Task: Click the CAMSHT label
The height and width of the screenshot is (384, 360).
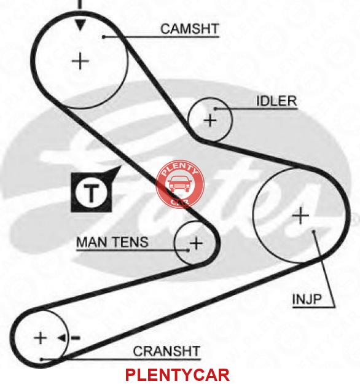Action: coord(190,29)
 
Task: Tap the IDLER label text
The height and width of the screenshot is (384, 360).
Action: coord(276,101)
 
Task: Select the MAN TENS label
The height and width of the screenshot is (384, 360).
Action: coord(112,242)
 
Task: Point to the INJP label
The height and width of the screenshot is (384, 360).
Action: coord(307,299)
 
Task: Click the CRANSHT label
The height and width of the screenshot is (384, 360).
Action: coord(166,351)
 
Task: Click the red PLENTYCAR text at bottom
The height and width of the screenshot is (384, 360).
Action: coord(178,375)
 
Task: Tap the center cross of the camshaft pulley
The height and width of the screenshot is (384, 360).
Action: coord(80,61)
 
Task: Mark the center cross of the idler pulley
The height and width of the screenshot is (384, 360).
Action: coord(210,120)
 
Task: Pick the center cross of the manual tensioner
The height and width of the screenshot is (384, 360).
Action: coord(197,243)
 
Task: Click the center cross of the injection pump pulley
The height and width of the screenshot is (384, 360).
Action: coord(301,216)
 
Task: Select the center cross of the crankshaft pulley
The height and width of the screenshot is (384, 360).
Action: coord(41,338)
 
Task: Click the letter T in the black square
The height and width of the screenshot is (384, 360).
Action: coord(91,193)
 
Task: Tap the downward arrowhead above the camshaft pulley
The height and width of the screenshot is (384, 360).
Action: coord(80,25)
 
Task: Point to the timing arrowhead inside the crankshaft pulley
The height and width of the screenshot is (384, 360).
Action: coord(62,338)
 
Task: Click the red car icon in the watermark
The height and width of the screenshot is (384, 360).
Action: coord(179,184)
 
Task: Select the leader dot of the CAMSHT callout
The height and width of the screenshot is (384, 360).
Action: coord(104,37)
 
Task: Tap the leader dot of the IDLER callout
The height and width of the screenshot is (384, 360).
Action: coord(215,109)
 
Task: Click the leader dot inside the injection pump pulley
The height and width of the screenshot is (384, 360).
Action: coord(313,231)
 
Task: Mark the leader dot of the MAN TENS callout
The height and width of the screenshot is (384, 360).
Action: coord(188,250)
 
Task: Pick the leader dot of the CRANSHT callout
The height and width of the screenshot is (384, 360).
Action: coord(41,359)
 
